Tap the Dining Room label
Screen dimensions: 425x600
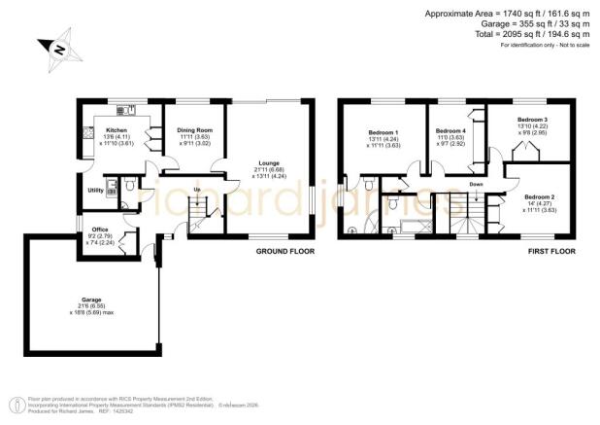(194, 130)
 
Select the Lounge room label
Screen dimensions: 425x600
(270, 164)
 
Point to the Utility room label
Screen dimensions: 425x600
(95, 191)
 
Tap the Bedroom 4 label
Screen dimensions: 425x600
(450, 130)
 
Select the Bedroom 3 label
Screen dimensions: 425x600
(536, 120)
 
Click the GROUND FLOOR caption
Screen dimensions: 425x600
(284, 251)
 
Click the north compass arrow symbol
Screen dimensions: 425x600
(57, 49)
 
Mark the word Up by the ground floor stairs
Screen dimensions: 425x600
(198, 189)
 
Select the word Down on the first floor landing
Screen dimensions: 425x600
(476, 184)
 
